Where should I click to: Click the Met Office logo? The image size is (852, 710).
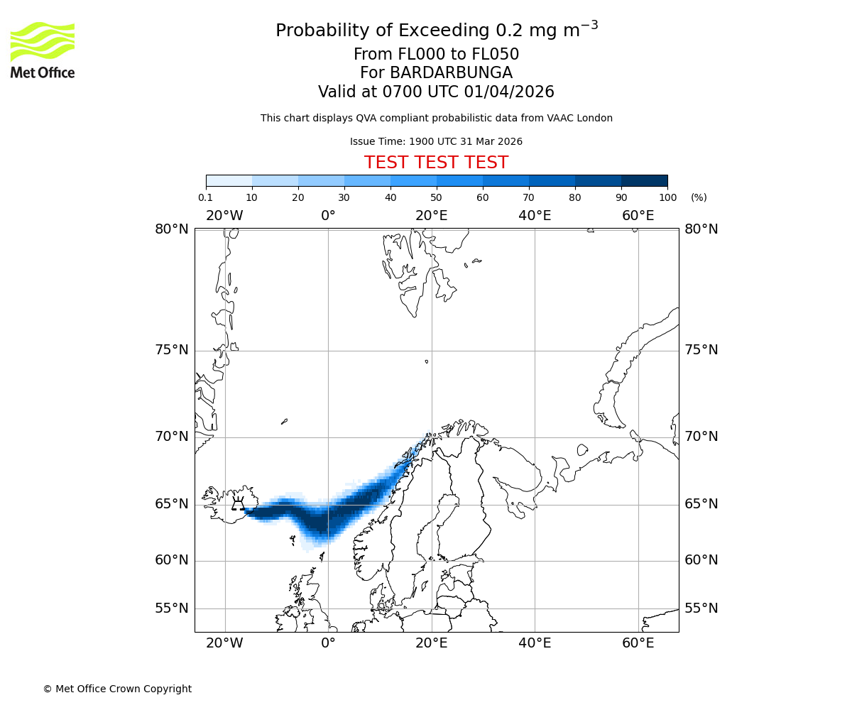pyautogui.click(x=43, y=50)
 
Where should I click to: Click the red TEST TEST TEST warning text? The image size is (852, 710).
pyautogui.click(x=436, y=163)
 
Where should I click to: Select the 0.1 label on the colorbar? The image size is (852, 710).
pyautogui.click(x=206, y=197)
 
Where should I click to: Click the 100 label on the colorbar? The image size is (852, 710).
pyautogui.click(x=667, y=197)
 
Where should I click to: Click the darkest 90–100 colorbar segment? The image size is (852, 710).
pyautogui.click(x=644, y=181)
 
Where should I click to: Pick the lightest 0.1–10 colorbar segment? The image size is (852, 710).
pyautogui.click(x=229, y=181)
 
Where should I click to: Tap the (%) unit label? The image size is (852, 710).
pyautogui.click(x=699, y=197)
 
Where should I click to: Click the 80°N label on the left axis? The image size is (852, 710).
pyautogui.click(x=172, y=229)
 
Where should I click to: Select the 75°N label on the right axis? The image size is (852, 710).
pyautogui.click(x=701, y=350)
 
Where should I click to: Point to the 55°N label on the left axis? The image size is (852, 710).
pyautogui.click(x=172, y=608)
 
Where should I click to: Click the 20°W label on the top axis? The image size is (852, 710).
pyautogui.click(x=224, y=215)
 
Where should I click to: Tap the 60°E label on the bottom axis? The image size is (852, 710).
pyautogui.click(x=638, y=643)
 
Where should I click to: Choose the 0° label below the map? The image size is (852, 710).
pyautogui.click(x=328, y=643)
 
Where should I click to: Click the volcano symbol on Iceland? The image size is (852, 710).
pyautogui.click(x=239, y=504)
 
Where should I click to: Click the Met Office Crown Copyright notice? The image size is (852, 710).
pyautogui.click(x=117, y=689)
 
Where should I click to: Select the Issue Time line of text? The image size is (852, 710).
pyautogui.click(x=436, y=142)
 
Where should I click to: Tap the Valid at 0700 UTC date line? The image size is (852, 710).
pyautogui.click(x=436, y=92)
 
